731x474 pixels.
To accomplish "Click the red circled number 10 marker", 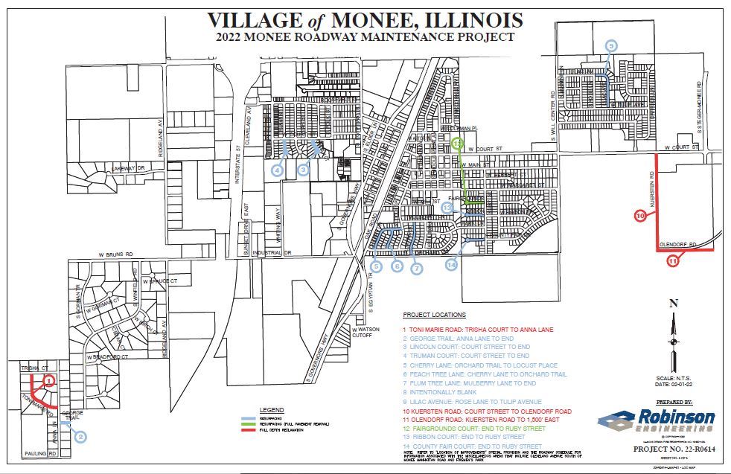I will pyautogui.click(x=640, y=216).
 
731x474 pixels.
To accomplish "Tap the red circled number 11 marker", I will pyautogui.click(x=672, y=260).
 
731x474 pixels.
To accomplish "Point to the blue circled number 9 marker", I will pyautogui.click(x=612, y=46).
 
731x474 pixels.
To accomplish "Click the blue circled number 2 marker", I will pyautogui.click(x=80, y=438).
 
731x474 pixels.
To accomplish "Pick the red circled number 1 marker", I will pyautogui.click(x=48, y=380).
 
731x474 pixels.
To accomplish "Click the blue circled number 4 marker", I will pyautogui.click(x=277, y=170).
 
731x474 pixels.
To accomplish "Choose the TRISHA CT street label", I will pyautogui.click(x=28, y=368).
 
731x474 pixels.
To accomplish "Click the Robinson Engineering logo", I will pyautogui.click(x=656, y=420).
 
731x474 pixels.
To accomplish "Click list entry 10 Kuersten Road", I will pyautogui.click(x=487, y=411).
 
